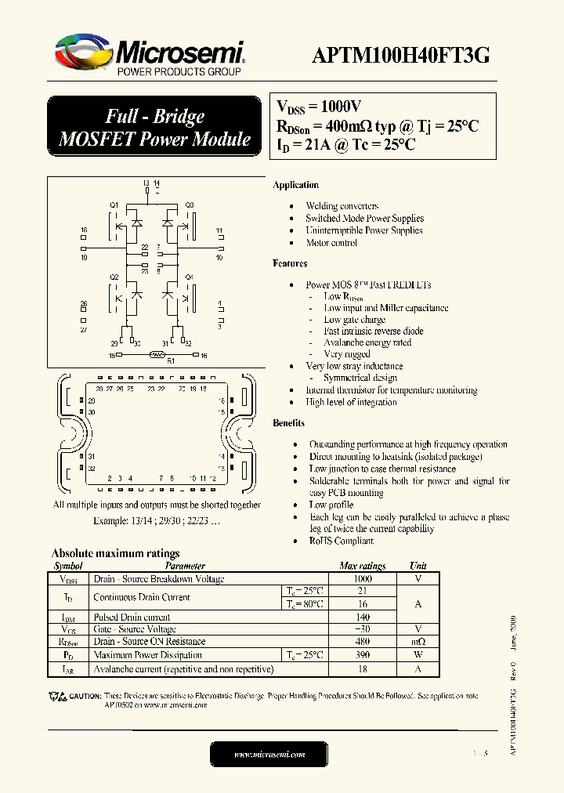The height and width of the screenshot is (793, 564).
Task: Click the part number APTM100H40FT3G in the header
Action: tap(401, 55)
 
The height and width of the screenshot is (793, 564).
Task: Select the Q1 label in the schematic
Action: tap(114, 205)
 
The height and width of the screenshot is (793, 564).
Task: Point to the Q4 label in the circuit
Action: tap(189, 277)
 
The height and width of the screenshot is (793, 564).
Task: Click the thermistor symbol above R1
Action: tap(157, 355)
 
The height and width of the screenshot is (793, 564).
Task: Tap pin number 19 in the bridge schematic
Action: tap(84, 257)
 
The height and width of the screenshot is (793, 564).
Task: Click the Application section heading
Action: tap(295, 185)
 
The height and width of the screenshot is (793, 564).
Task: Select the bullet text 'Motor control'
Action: tap(331, 243)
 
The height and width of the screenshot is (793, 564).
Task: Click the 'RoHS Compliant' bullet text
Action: tap(341, 541)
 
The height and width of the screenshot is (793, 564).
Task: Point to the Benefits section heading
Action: tap(289, 423)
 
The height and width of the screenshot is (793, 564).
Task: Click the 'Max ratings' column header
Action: tap(362, 566)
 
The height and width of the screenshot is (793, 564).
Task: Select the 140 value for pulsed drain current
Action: tap(362, 617)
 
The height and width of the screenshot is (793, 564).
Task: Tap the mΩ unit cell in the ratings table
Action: tap(418, 642)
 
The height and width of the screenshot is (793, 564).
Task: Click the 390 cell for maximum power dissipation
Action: tap(362, 654)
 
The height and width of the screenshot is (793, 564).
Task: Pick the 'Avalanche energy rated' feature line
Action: tap(367, 342)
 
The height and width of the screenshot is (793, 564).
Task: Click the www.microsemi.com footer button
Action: tap(270, 754)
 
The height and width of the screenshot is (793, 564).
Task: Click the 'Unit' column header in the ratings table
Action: tap(418, 566)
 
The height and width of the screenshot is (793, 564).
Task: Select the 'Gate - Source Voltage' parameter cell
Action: tap(135, 629)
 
